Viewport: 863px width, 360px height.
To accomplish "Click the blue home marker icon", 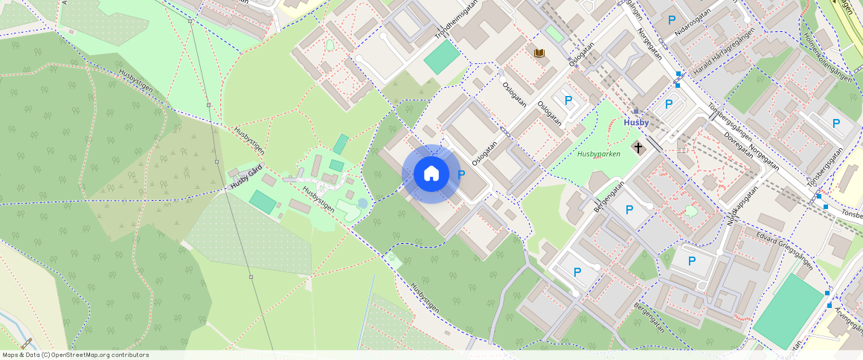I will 431,174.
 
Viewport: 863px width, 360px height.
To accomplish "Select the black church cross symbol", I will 638,147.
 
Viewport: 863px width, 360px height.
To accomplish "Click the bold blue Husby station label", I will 636,122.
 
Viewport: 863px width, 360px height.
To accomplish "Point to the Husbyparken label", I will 598,155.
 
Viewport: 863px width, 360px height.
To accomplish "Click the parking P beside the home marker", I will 461,175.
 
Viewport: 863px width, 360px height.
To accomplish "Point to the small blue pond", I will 362,203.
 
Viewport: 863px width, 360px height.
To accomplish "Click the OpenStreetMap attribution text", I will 75,355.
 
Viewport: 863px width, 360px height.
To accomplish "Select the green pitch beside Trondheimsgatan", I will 442,57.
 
